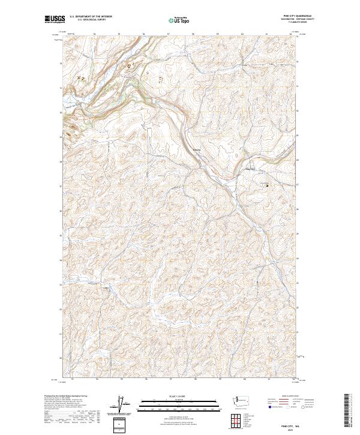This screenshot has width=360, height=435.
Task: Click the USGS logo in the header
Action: coord(55,20)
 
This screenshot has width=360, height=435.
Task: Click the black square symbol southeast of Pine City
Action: coord(268,185)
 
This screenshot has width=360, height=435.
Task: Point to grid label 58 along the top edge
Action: coord(192,34)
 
